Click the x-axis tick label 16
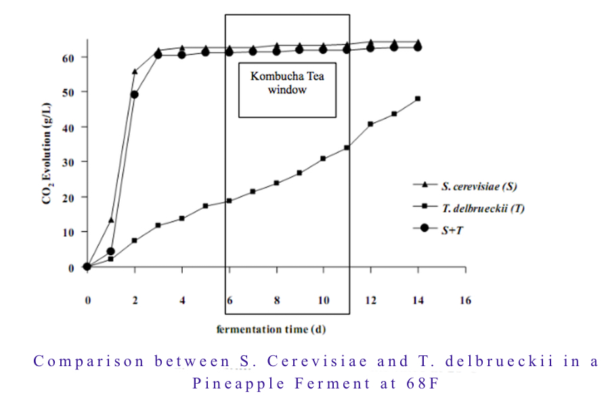click(464, 300)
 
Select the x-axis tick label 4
click(181, 300)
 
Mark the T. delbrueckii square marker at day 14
click(418, 99)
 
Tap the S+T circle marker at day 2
click(134, 94)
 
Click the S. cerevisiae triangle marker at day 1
click(111, 220)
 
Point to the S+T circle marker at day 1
click(111, 251)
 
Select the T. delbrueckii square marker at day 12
click(370, 124)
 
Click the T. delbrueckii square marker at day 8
click(276, 183)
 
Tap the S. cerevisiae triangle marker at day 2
click(135, 71)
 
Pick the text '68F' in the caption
click(411, 384)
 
